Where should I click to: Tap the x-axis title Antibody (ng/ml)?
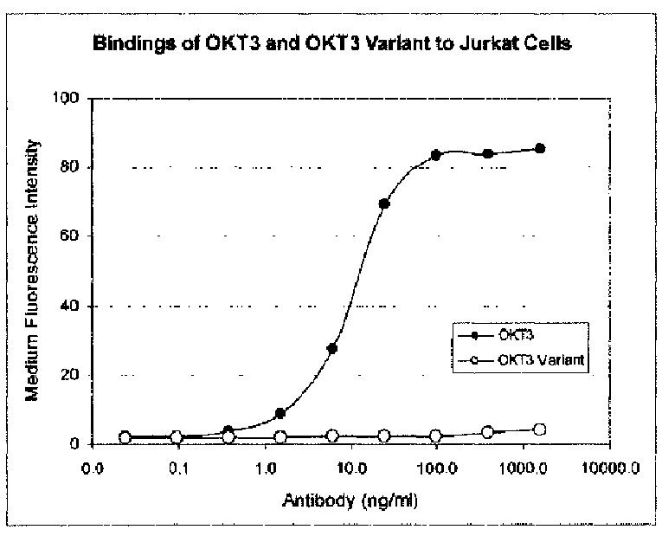pyautogui.click(x=350, y=501)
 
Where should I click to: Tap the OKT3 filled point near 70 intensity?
pyautogui.click(x=384, y=203)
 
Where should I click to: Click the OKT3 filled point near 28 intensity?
pyautogui.click(x=332, y=348)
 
